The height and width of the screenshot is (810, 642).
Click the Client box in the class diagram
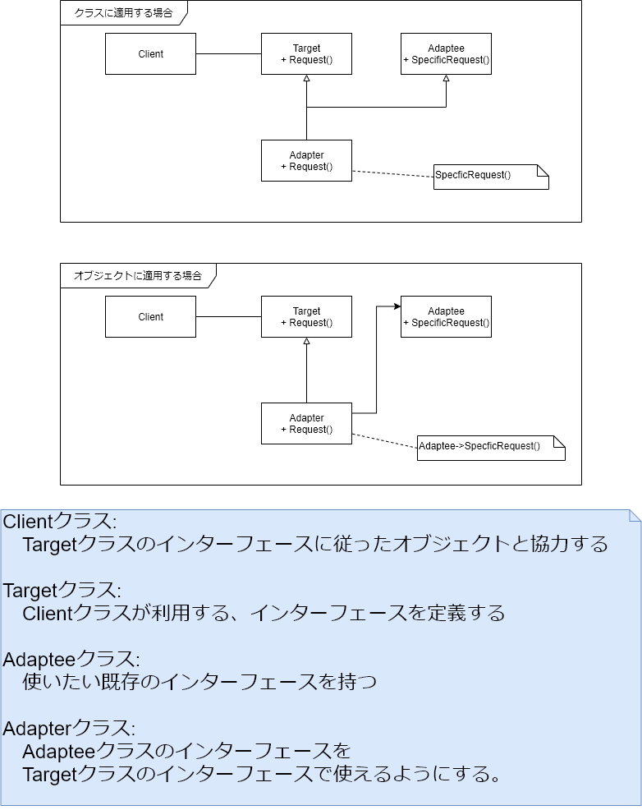click(x=150, y=54)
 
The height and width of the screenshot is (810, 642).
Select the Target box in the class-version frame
click(x=306, y=54)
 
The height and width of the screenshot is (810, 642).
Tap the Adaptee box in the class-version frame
click(x=446, y=54)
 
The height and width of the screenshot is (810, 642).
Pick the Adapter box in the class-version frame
click(x=306, y=161)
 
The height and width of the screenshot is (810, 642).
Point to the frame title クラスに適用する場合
click(x=123, y=13)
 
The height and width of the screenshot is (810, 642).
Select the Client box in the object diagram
click(x=150, y=317)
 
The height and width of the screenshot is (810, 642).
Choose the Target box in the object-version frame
click(x=306, y=317)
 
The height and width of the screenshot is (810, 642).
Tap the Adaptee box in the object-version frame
click(x=446, y=317)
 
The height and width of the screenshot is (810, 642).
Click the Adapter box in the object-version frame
click(x=306, y=424)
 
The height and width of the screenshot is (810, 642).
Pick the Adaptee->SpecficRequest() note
click(x=490, y=447)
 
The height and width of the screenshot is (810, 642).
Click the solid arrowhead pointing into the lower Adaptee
click(x=397, y=306)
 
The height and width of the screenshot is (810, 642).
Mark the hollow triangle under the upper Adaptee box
click(x=446, y=79)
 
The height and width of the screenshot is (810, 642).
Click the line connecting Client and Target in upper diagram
click(x=228, y=54)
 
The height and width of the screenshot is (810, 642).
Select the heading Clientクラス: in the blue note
click(x=60, y=522)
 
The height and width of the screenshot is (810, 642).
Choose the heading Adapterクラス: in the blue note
click(x=69, y=729)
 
